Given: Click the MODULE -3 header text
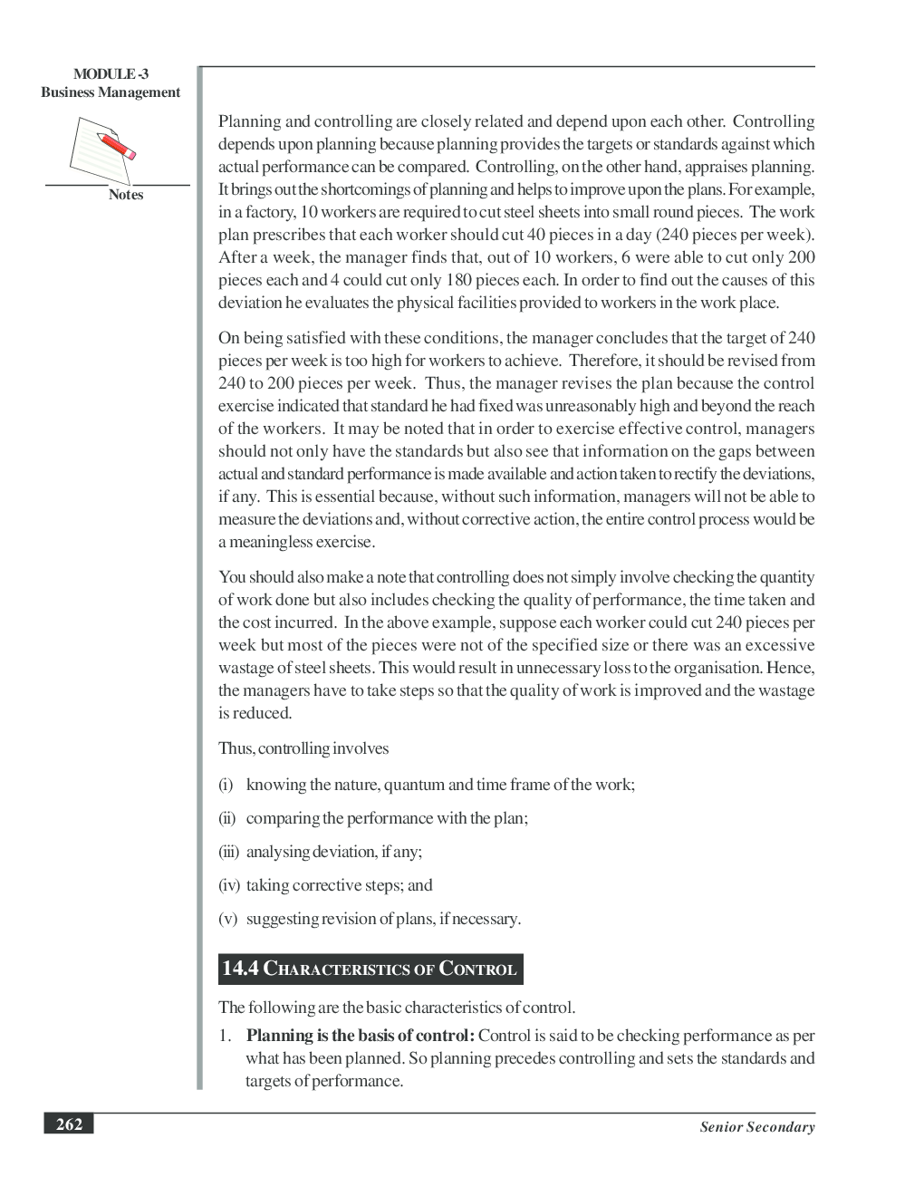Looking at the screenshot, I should tap(111, 74).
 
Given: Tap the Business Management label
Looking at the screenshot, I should tap(111, 92).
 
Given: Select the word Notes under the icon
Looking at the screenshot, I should tap(126, 195).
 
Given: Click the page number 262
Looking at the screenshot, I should tap(69, 1124).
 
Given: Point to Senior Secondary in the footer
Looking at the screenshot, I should tap(756, 1127).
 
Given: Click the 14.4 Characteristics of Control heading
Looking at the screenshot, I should tap(370, 969).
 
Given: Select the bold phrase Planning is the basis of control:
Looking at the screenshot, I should tap(360, 1036).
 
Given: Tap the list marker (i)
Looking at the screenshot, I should tap(226, 785).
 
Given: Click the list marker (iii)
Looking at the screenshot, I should tap(228, 852).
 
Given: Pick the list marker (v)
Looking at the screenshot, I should tap(227, 919).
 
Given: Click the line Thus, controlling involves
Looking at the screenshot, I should tap(303, 748).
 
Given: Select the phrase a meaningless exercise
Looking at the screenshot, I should tap(296, 542).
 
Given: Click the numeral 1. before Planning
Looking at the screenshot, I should tap(225, 1036).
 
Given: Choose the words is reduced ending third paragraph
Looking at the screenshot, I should tap(255, 713).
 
